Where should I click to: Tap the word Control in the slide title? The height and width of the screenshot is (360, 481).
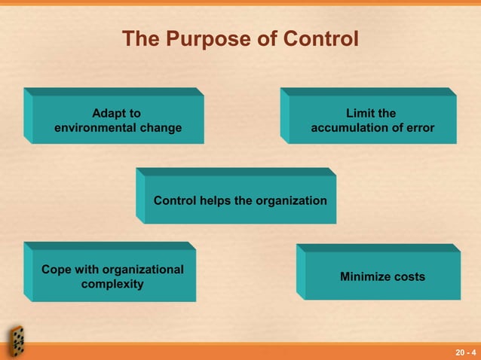point(320,38)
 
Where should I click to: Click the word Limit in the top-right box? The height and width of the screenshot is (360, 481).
point(359,114)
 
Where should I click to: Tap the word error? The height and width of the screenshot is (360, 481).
point(419,128)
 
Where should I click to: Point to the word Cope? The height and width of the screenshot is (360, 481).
point(57,270)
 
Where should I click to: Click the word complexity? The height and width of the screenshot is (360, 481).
point(113,285)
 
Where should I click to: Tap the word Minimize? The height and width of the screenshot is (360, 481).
point(366,277)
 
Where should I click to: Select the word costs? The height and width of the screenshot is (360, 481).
point(409,277)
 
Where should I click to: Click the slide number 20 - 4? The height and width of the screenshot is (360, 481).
point(465,352)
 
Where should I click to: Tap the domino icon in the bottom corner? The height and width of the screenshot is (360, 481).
point(16,341)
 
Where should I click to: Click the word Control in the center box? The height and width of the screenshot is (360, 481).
point(175,201)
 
